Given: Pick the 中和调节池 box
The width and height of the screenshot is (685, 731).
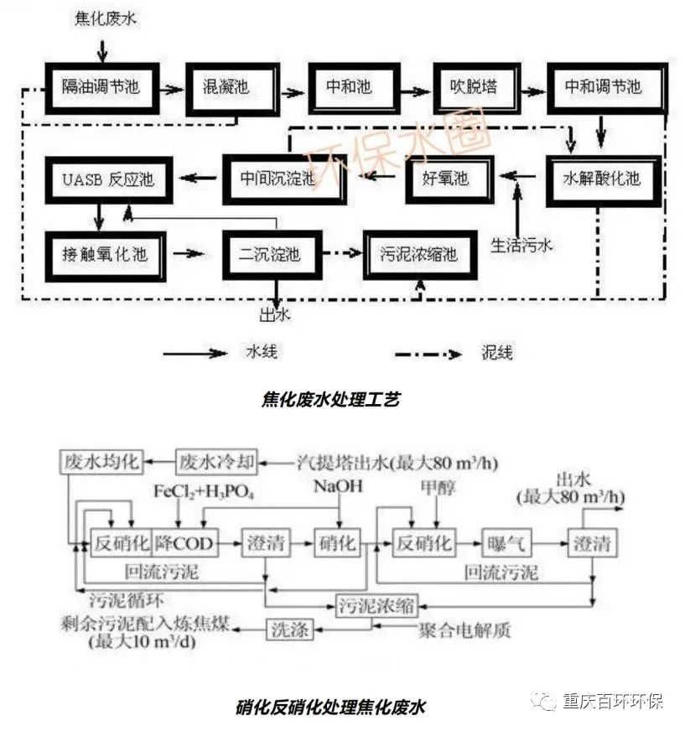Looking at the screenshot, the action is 603,87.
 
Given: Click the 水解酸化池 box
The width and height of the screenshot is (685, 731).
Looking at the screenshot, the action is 600,179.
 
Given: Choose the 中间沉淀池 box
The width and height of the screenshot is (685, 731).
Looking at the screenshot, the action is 284,179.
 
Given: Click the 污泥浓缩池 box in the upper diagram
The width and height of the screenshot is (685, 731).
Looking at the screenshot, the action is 419,253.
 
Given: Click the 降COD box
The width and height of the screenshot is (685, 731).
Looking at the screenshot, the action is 184,542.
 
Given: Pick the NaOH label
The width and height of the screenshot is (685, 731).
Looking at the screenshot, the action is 338,487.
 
